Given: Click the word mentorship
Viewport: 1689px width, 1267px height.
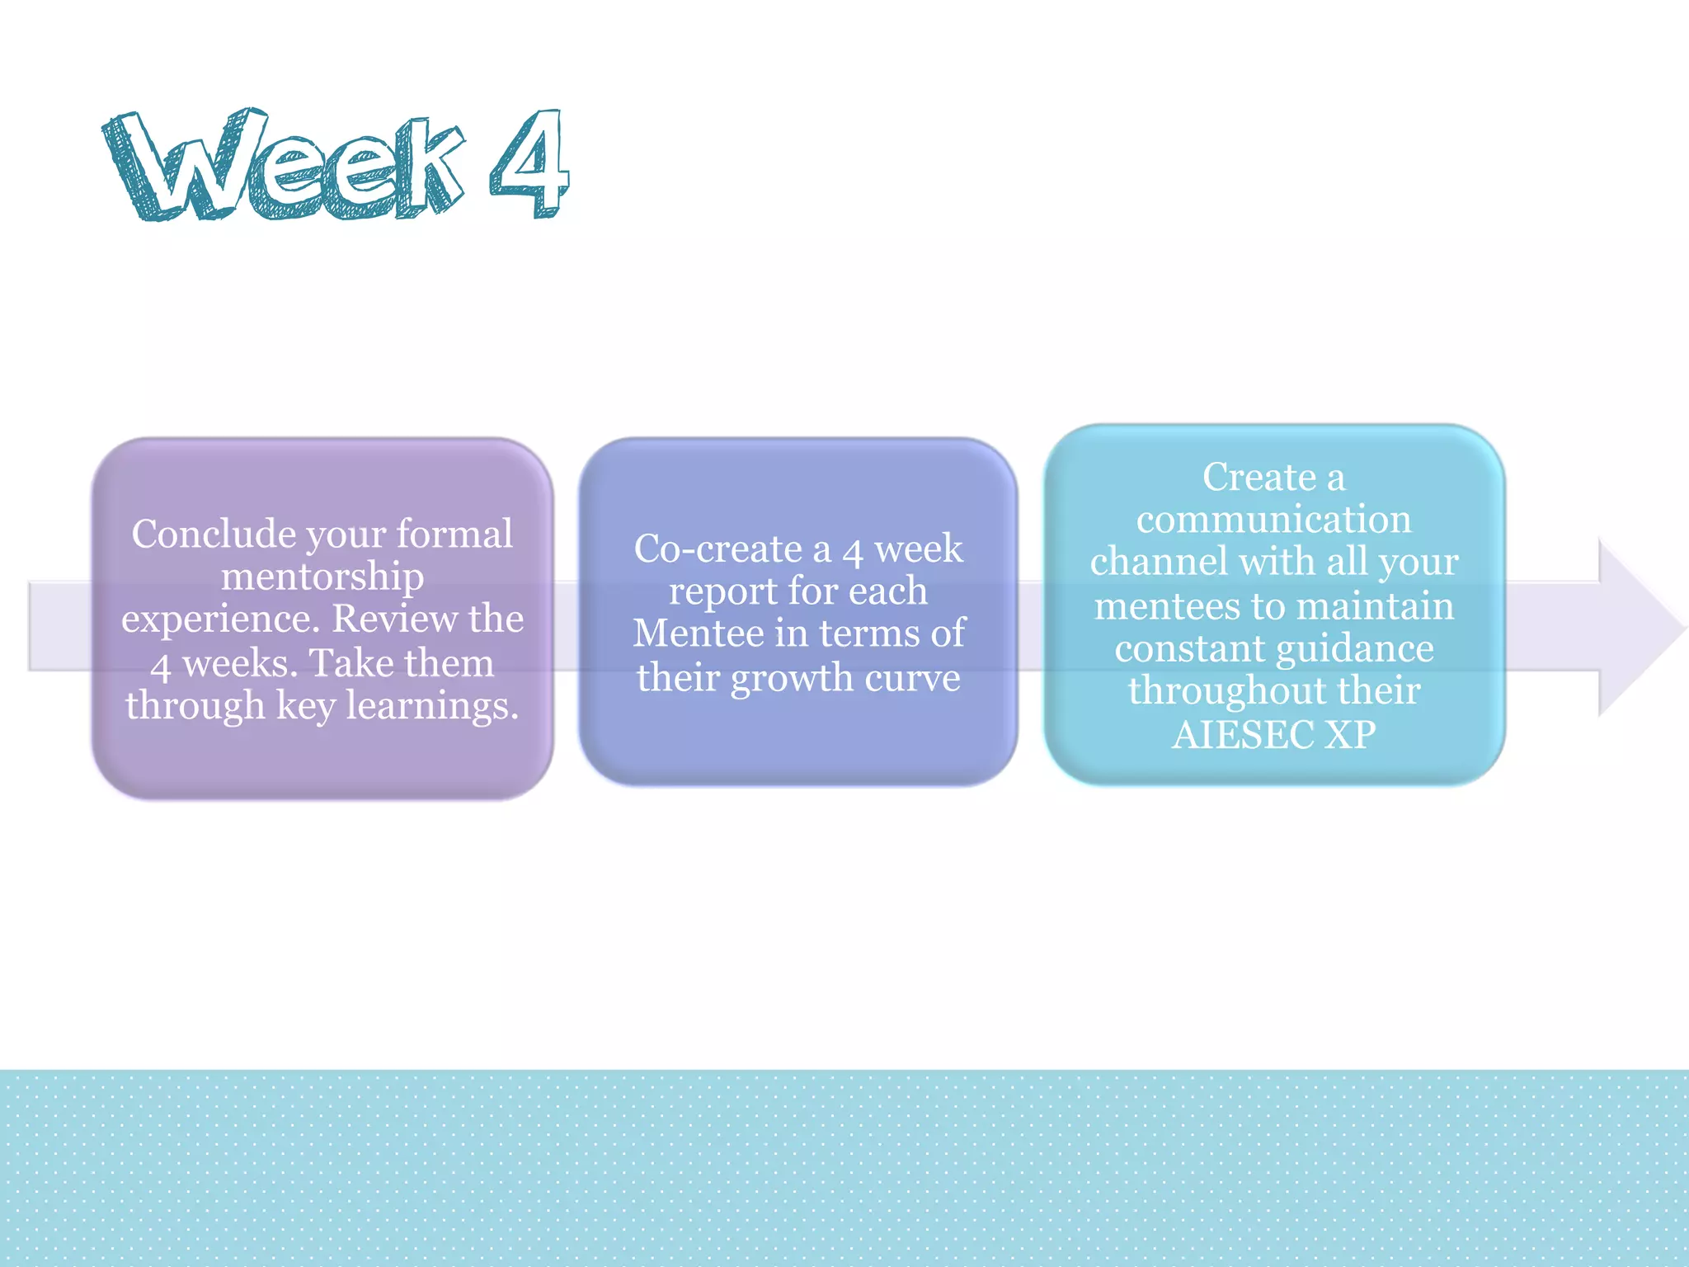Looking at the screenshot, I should tap(322, 577).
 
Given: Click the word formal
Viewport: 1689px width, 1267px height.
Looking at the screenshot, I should tap(454, 535).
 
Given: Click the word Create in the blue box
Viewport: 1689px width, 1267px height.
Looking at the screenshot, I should tap(1259, 478).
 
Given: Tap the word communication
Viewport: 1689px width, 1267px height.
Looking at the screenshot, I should tap(1274, 520).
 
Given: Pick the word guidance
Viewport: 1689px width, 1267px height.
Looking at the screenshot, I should tap(1357, 649).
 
